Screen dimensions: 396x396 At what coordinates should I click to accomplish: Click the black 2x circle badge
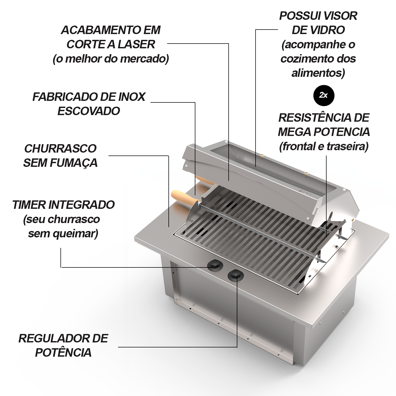323,95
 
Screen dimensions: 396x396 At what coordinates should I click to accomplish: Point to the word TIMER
29,205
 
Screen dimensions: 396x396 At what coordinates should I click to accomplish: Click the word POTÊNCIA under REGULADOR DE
63,353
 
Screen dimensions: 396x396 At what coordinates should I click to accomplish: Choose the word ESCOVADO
89,111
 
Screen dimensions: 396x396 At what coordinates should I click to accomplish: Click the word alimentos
318,73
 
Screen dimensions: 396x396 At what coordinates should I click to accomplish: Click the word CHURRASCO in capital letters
60,149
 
